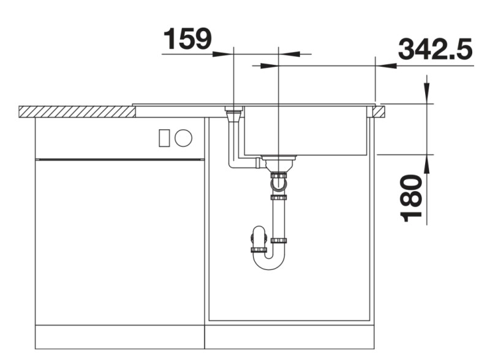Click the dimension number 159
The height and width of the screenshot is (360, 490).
click(187, 39)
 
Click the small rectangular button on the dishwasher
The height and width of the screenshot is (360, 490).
click(164, 138)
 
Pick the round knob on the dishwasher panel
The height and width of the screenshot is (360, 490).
click(183, 138)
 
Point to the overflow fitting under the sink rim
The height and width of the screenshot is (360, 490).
click(234, 114)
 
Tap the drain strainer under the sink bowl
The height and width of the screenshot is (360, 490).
click(279, 162)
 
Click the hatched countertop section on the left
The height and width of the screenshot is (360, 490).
click(77, 111)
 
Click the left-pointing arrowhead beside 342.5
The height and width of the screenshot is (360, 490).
click(385, 66)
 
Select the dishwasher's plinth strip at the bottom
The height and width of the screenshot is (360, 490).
click(119, 336)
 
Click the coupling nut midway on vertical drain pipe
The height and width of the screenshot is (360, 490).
click(279, 198)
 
